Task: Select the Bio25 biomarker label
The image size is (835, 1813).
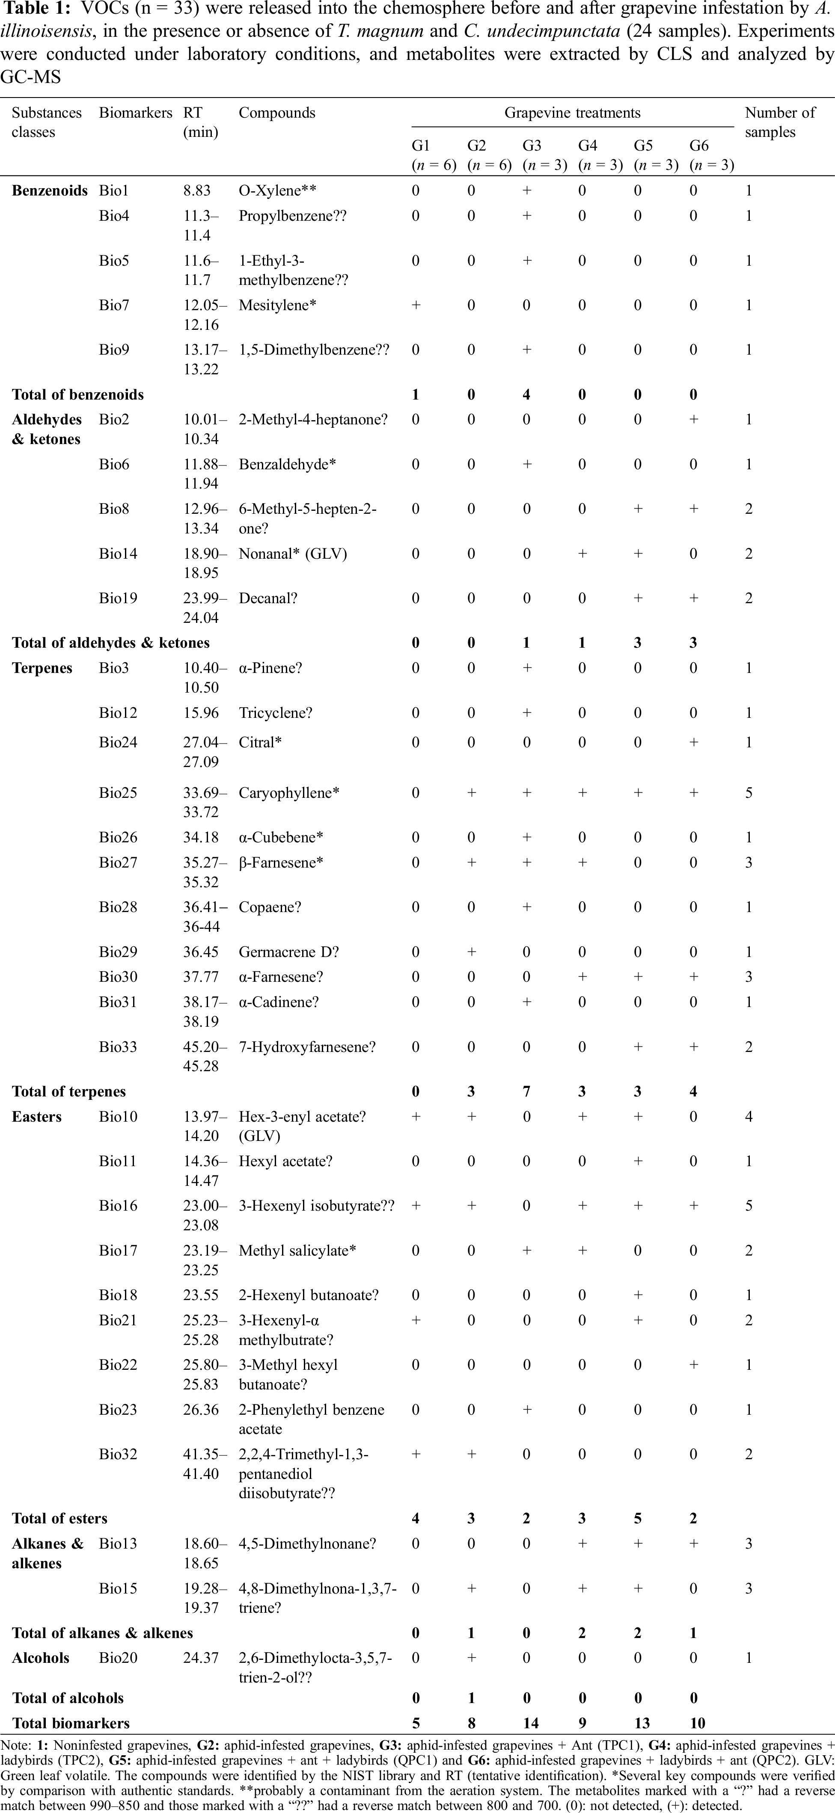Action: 118,792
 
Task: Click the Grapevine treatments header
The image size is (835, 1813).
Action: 572,113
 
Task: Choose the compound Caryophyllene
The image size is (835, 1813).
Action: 288,792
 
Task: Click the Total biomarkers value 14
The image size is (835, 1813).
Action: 530,1723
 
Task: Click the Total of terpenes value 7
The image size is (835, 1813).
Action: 526,1092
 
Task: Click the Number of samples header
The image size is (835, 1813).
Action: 779,122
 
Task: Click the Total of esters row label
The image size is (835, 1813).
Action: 60,1518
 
